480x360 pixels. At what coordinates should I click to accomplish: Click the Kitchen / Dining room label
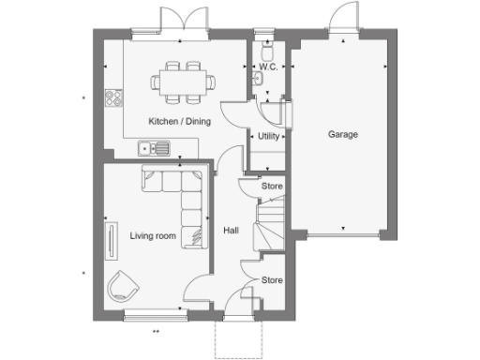tap(179, 121)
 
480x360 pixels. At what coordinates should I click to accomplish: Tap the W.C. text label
tap(267, 67)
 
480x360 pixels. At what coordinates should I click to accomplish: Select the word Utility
tap(269, 137)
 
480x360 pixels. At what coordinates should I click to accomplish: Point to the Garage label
tap(342, 134)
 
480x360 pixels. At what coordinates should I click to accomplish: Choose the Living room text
tap(153, 236)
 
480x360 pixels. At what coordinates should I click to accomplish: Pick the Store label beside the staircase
tap(272, 187)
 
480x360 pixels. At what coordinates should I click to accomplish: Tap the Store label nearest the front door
tap(272, 279)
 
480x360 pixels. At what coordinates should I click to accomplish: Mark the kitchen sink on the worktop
tap(153, 147)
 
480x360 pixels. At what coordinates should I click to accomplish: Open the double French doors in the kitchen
tap(182, 21)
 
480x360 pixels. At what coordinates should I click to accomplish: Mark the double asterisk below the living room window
tap(157, 331)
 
